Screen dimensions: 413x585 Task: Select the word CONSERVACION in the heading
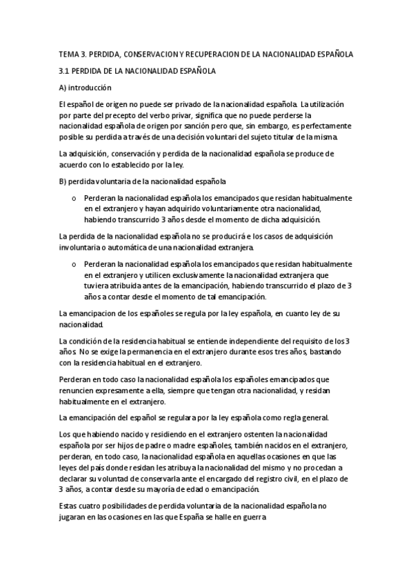pos(153,53)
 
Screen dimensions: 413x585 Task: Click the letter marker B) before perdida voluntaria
pos(65,182)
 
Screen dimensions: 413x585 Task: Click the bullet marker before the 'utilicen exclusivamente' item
pos(74,264)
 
